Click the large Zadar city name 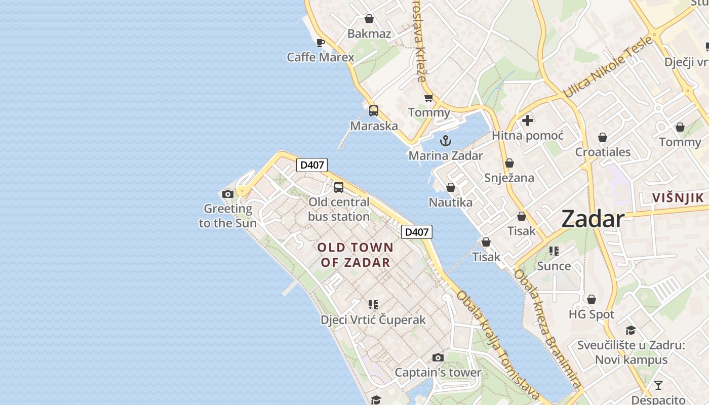(593, 219)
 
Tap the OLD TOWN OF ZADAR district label (355, 255)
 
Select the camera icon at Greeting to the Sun (228, 194)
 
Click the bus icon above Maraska (374, 111)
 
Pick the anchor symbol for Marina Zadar (446, 141)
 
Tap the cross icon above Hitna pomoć (528, 120)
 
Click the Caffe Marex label (321, 57)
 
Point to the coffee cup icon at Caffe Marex (320, 43)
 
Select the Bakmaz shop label (369, 34)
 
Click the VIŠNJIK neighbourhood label (678, 198)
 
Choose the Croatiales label (603, 152)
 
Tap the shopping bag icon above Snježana (509, 163)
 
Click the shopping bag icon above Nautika (451, 188)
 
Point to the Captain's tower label (438, 373)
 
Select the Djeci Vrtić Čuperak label (373, 320)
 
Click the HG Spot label (592, 314)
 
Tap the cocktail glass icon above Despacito (658, 385)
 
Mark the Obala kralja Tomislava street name (498, 344)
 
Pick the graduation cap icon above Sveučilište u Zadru (631, 331)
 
